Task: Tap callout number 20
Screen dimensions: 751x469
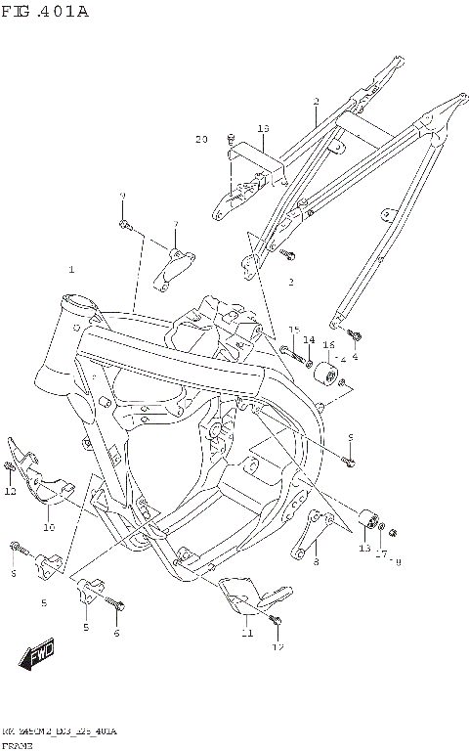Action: [x=201, y=140]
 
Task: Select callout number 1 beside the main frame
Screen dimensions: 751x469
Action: [x=70, y=268]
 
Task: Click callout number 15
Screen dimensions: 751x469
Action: [x=292, y=331]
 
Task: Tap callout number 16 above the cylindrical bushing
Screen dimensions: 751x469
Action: [x=329, y=345]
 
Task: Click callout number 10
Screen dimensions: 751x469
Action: [x=48, y=527]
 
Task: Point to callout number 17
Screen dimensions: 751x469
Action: [x=381, y=554]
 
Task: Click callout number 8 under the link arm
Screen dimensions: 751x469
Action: [x=316, y=561]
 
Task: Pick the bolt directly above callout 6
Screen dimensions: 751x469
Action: [x=118, y=608]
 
